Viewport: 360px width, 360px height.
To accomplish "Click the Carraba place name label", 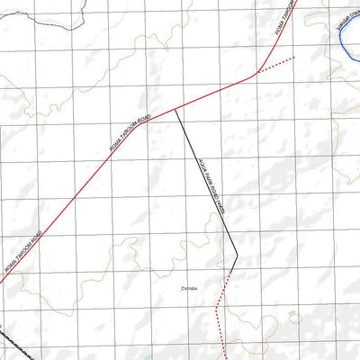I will pyautogui.click(x=189, y=288).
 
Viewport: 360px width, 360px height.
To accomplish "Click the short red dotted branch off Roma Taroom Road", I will pyautogui.click(x=274, y=65).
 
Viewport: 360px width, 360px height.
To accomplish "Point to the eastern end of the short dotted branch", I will pyautogui.click(x=293, y=58).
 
